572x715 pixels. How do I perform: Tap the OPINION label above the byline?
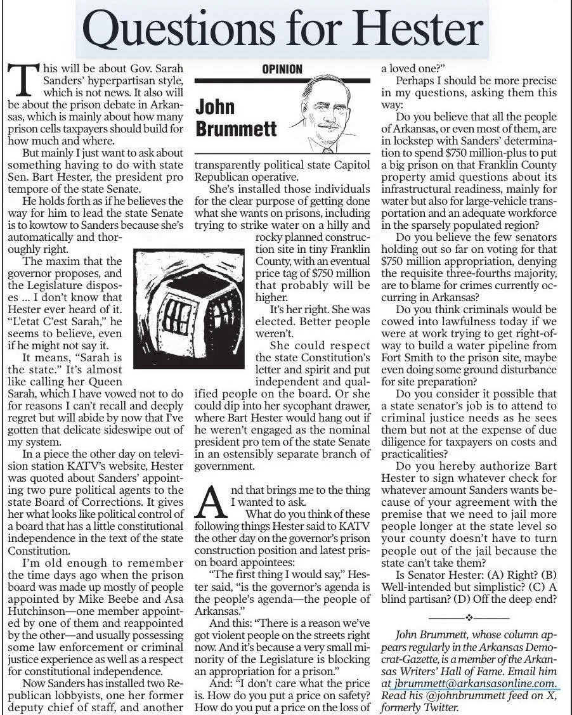pyautogui.click(x=282, y=69)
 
